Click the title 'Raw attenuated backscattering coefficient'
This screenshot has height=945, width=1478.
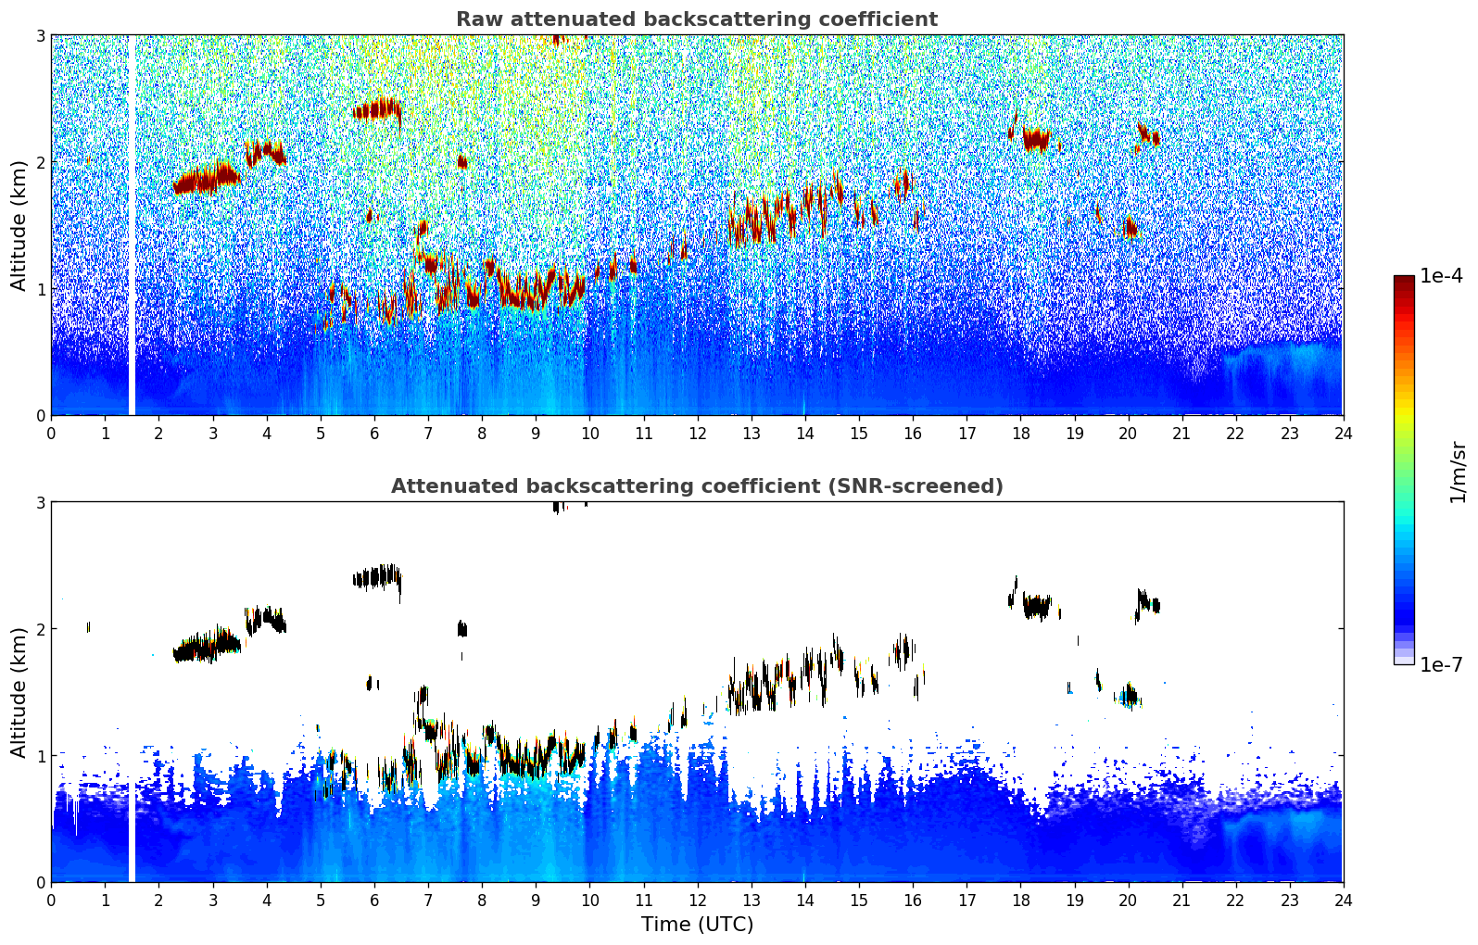[697, 19]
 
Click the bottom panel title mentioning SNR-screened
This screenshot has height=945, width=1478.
[697, 486]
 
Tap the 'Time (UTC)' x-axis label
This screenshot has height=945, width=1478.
[697, 925]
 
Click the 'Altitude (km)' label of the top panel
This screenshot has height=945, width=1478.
[18, 226]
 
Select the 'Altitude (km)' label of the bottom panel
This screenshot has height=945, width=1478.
[18, 692]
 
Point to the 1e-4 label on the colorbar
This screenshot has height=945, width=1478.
[1441, 276]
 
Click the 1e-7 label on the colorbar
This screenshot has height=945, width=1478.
[1441, 664]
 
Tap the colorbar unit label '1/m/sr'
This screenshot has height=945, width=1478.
[1458, 473]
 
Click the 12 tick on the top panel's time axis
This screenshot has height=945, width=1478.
[698, 434]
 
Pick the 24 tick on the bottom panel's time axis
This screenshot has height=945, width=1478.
[1344, 901]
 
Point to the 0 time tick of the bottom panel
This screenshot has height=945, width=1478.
[52, 901]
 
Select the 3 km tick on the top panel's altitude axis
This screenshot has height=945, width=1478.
[40, 35]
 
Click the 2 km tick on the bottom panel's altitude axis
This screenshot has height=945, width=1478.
[40, 629]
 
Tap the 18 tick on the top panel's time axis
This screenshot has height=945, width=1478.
[1021, 434]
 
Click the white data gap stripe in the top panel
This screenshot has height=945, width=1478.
[132, 225]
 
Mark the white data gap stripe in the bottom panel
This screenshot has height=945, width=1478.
[132, 833]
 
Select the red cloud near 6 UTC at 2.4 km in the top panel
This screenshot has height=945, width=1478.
[377, 109]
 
